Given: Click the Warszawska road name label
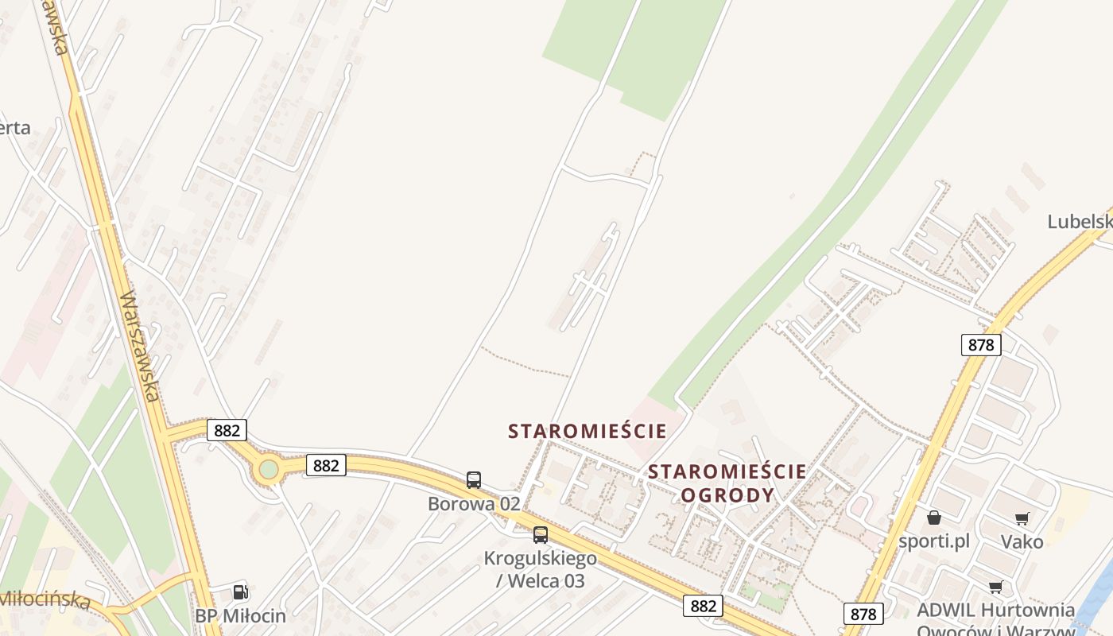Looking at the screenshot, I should coord(140,346).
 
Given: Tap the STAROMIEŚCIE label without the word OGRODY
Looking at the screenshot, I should coord(588,432).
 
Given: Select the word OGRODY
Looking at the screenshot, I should coord(727,495).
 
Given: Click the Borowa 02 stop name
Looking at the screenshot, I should coord(474,503).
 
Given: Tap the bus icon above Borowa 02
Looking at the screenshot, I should coord(474,480).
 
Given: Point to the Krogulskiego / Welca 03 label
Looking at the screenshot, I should coord(541,569).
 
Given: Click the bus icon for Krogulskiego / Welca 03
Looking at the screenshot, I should coord(541,535).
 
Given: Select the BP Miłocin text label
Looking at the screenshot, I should coord(240,615).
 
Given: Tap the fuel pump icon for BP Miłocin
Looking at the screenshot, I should coord(240,591).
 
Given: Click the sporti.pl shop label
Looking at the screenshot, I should coord(934,541).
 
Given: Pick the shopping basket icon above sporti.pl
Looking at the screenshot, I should coord(934,518).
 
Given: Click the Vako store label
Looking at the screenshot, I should coord(1022,541).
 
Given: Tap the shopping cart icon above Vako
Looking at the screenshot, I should coord(1022,519).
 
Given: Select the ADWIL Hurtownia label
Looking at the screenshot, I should coord(996,611).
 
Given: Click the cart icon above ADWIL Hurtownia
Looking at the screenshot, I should coord(995,588).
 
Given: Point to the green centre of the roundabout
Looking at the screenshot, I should coord(269,470).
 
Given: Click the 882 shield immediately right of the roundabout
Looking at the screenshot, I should coord(326,465).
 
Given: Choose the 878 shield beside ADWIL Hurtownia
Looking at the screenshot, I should coord(863,614).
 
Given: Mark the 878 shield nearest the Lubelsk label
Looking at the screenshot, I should coord(981,344).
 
